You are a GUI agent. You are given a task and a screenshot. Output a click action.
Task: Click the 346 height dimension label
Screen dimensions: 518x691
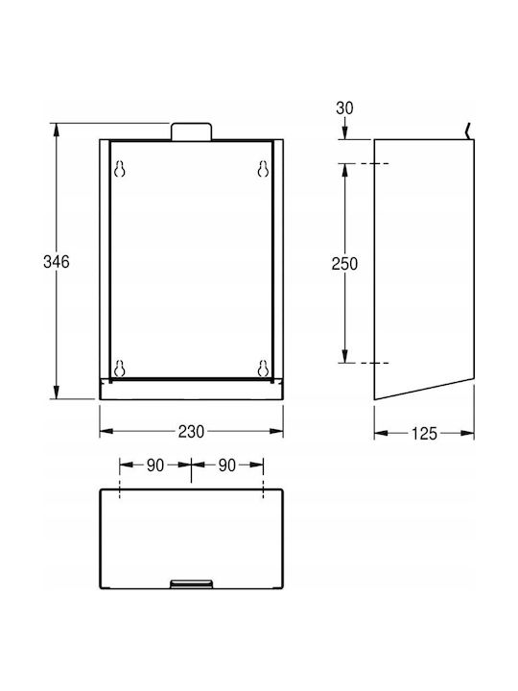click(57, 262)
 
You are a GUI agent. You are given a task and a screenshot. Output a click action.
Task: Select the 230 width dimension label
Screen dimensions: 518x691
click(191, 432)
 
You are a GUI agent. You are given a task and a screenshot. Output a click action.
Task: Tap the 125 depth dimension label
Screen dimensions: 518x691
click(424, 434)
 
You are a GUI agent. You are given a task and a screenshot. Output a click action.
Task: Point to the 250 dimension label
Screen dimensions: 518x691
click(344, 264)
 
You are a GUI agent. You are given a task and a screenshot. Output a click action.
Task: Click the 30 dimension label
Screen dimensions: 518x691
click(344, 107)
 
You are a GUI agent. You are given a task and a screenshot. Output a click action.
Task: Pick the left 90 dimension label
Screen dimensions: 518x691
click(155, 465)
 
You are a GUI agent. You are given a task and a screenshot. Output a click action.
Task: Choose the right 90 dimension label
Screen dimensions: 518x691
click(226, 465)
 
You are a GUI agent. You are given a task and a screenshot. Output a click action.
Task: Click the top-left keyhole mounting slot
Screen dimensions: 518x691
click(119, 169)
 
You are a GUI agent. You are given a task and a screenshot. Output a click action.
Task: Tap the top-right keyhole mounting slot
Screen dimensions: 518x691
click(263, 169)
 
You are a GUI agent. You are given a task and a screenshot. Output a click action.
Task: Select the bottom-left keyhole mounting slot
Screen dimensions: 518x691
click(119, 368)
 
